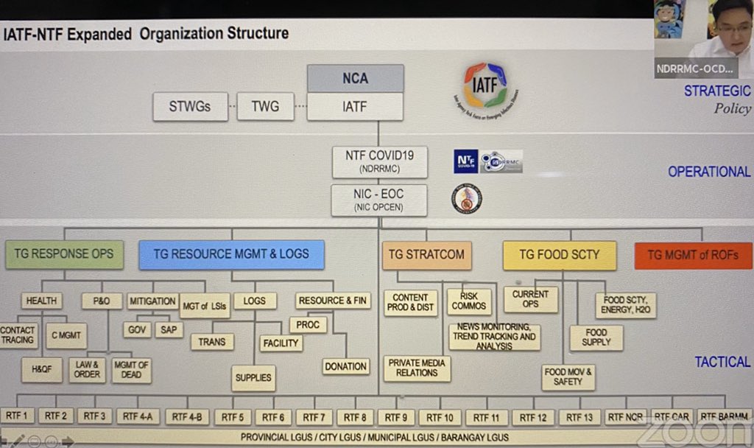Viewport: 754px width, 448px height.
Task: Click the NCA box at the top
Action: [355, 78]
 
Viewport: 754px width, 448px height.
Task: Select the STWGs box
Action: [190, 107]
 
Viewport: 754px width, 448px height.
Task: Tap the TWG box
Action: [265, 107]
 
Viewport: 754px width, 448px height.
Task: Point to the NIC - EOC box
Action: [379, 200]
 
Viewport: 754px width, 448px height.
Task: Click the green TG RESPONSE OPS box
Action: [64, 254]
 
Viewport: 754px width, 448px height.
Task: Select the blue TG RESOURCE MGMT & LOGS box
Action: [231, 254]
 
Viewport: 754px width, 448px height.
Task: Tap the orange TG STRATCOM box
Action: [426, 255]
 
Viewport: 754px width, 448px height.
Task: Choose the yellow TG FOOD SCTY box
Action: [559, 255]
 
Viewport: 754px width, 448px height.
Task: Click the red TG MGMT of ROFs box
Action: [694, 256]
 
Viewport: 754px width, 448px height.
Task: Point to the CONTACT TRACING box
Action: [18, 335]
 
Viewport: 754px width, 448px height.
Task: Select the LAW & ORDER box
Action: [87, 369]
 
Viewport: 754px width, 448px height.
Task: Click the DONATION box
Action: [345, 366]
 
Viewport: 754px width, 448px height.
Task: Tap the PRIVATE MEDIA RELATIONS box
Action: [417, 368]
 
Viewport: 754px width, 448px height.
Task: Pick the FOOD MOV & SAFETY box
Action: [568, 377]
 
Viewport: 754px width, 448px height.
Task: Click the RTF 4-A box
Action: [138, 416]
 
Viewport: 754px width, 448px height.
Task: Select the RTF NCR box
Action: [626, 416]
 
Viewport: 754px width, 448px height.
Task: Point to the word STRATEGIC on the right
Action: [717, 91]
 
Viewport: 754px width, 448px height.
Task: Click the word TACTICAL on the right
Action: [722, 362]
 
